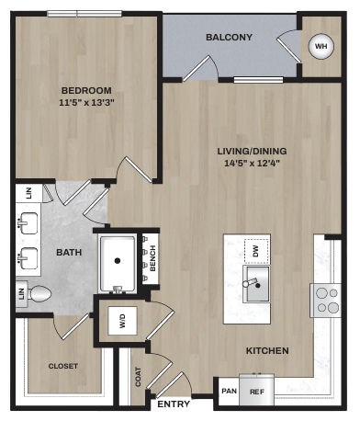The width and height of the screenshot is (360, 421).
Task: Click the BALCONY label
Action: click(x=229, y=38)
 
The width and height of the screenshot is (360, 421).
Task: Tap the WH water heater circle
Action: click(x=321, y=45)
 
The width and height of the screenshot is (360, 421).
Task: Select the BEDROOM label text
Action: click(x=86, y=90)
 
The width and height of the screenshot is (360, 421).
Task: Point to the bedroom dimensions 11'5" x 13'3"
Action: click(x=86, y=103)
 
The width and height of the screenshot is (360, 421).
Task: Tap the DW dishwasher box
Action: click(x=256, y=248)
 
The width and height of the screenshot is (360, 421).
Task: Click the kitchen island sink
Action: click(x=258, y=283)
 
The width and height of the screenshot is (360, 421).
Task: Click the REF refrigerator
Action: click(x=256, y=391)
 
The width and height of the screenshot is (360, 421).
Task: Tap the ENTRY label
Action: click(x=173, y=404)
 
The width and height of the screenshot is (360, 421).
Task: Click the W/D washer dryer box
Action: click(x=121, y=321)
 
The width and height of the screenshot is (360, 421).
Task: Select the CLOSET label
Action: click(x=63, y=366)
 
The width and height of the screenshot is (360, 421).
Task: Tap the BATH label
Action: click(x=68, y=251)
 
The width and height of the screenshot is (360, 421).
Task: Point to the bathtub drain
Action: click(x=117, y=260)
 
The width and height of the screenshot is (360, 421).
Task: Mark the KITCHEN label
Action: click(x=267, y=350)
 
